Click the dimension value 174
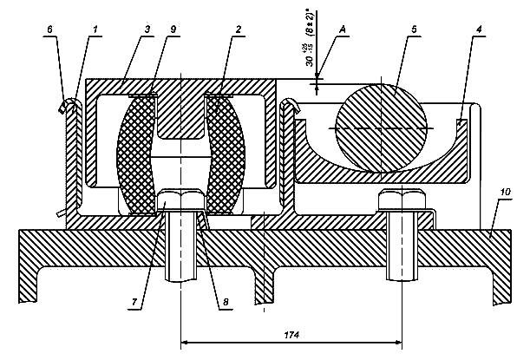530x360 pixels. click(x=291, y=331)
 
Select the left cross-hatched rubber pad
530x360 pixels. click(x=136, y=156)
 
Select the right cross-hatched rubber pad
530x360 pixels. click(x=226, y=156)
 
